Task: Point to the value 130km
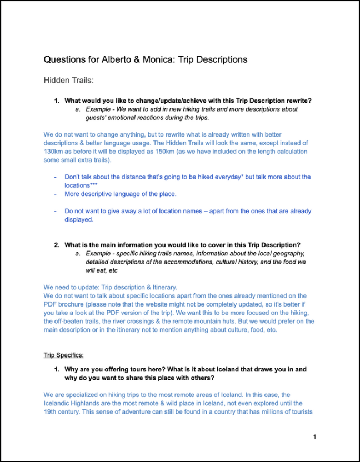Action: (x=56, y=152)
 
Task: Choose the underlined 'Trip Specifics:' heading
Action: (x=63, y=354)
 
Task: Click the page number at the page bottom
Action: (x=314, y=437)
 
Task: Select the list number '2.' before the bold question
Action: (x=57, y=245)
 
